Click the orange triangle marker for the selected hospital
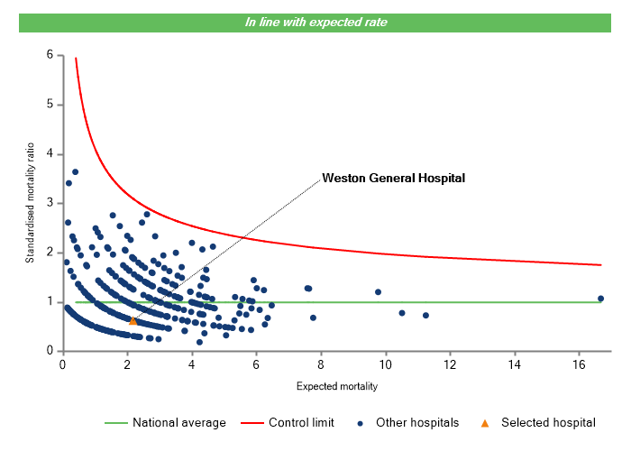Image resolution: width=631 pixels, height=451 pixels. pyautogui.click(x=133, y=320)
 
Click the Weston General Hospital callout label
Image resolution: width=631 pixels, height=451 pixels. pyautogui.click(x=394, y=178)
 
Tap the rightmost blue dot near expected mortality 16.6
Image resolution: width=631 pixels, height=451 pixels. pyautogui.click(x=600, y=299)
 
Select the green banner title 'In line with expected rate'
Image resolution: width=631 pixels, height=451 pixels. pyautogui.click(x=315, y=23)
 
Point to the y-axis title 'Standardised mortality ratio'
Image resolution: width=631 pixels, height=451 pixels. pyautogui.click(x=30, y=202)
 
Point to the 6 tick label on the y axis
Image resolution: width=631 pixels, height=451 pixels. pyautogui.click(x=50, y=56)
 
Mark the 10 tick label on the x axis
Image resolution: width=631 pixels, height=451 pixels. pyautogui.click(x=385, y=364)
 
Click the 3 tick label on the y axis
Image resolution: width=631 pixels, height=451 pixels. pyautogui.click(x=50, y=204)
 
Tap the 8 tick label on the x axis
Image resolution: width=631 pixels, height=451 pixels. pyautogui.click(x=320, y=364)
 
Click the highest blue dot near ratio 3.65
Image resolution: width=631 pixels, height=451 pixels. pyautogui.click(x=76, y=171)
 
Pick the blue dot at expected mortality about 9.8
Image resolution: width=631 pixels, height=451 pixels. pyautogui.click(x=379, y=292)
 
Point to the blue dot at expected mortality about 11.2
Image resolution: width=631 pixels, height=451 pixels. pyautogui.click(x=425, y=316)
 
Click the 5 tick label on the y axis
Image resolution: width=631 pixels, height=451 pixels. pyautogui.click(x=50, y=106)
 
